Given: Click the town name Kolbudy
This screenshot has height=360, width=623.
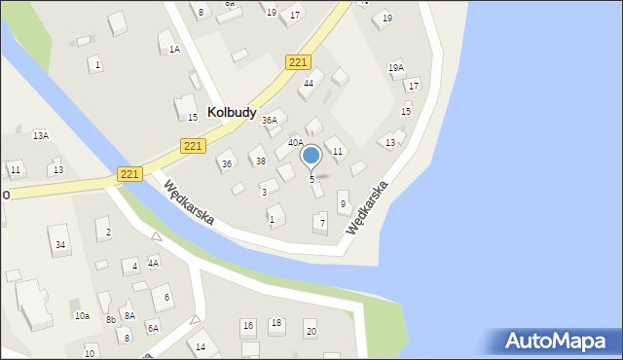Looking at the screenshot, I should [x=232, y=113].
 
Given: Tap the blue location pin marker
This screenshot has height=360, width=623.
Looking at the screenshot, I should [x=311, y=156].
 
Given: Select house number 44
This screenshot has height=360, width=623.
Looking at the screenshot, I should [x=308, y=84].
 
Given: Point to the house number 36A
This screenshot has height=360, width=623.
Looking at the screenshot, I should [x=270, y=121].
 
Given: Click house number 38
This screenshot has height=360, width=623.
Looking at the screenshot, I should [x=259, y=161].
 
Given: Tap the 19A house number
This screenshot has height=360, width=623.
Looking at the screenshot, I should [x=395, y=67].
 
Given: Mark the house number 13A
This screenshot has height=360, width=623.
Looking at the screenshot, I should [x=40, y=135].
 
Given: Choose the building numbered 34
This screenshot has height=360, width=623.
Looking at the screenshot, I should [x=60, y=244].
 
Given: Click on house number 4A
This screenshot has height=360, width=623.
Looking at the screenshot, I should [x=153, y=263].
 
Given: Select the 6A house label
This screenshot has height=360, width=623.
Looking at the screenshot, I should [x=153, y=328].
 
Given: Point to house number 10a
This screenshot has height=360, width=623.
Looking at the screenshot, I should [x=82, y=316].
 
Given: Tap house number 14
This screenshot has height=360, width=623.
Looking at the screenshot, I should [x=201, y=346].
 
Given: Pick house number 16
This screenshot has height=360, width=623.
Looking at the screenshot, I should [x=248, y=325].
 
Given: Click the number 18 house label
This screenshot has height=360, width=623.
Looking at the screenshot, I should [x=276, y=323].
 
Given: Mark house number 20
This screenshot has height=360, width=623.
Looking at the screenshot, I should [x=311, y=332].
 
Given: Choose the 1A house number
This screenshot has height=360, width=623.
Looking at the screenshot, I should [x=174, y=49].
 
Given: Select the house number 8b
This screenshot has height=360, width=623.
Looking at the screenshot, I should [x=111, y=319].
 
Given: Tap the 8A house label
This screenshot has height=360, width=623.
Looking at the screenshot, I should [x=129, y=315].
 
